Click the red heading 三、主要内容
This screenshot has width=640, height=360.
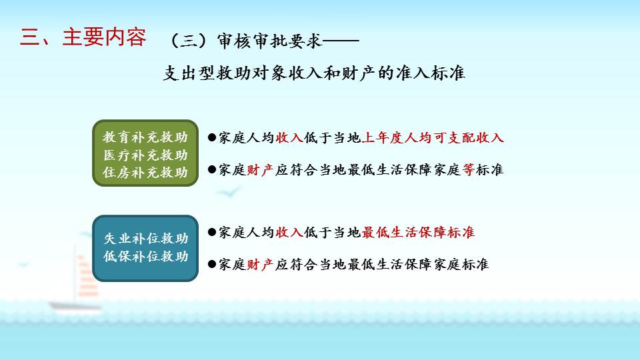pyautogui.click(x=83, y=37)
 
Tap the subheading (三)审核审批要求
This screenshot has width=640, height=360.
pyautogui.click(x=246, y=41)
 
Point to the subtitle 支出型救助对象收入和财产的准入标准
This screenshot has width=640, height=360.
pyautogui.click(x=314, y=73)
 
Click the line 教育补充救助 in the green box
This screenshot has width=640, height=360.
pyautogui.click(x=145, y=137)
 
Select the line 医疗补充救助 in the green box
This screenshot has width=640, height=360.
pyautogui.click(x=145, y=155)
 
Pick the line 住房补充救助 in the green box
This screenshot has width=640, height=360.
pyautogui.click(x=145, y=172)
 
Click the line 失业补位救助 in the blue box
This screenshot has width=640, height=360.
pyautogui.click(x=146, y=239)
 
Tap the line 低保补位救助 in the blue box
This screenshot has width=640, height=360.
pyautogui.click(x=146, y=256)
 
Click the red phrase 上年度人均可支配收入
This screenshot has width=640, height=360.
pyautogui.click(x=433, y=137)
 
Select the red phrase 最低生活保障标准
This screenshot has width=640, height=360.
pyautogui.click(x=418, y=232)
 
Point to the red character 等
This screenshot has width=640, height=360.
pyautogui.click(x=469, y=169)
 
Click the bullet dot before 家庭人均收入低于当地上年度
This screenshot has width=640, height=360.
pyautogui.click(x=212, y=137)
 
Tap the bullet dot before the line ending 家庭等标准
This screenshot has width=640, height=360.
pyautogui.click(x=212, y=169)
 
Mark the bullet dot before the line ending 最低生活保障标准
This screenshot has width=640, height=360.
pyautogui.click(x=212, y=232)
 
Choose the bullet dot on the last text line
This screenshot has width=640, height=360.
pyautogui.click(x=212, y=265)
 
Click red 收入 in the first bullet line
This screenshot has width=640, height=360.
pyautogui.click(x=289, y=137)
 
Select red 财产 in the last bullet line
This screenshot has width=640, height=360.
pyautogui.click(x=261, y=265)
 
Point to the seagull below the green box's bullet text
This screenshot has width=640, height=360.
pyautogui.click(x=228, y=192)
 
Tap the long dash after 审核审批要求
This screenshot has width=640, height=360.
pyautogui.click(x=341, y=41)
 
